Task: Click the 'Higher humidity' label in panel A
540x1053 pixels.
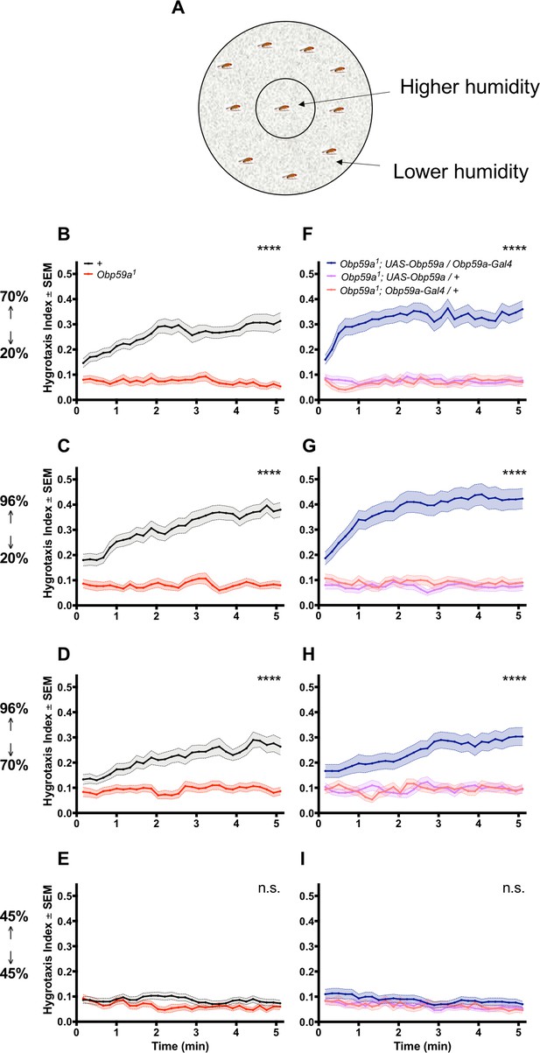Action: [x=469, y=88]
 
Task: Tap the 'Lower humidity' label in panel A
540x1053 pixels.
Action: [x=460, y=172]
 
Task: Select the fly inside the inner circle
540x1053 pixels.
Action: [x=282, y=109]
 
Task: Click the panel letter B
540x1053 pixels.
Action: [x=63, y=234]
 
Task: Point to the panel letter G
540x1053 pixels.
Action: [x=308, y=446]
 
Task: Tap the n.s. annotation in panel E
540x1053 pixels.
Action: [x=269, y=888]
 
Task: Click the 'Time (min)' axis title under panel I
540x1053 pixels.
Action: [x=422, y=1045]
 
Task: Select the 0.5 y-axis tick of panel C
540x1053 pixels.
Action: [x=65, y=480]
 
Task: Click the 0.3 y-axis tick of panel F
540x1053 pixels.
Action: [x=307, y=325]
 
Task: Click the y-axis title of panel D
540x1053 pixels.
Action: [x=48, y=745]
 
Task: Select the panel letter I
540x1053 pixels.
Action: [x=304, y=859]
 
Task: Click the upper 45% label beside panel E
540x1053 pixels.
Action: [x=14, y=916]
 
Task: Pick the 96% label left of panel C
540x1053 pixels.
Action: [x=14, y=502]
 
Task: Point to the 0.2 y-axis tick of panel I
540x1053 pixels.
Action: [x=307, y=972]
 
